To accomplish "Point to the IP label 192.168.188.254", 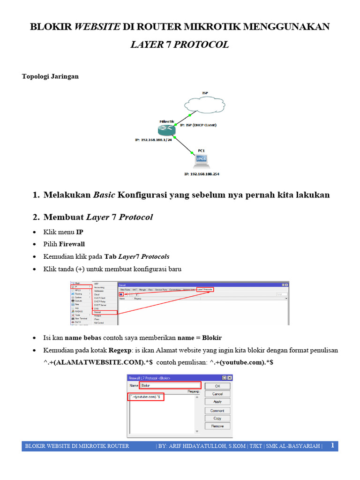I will (202, 174).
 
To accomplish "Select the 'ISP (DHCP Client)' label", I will (198, 125).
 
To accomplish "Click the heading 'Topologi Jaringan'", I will (51, 76).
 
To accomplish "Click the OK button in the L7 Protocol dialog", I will (217, 386).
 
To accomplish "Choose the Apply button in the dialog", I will (217, 402).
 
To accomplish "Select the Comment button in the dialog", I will (217, 411).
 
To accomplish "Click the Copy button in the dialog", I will (217, 418).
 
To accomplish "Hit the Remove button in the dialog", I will (217, 426).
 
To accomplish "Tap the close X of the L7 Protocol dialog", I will (230, 378).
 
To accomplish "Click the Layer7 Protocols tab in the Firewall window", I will (204, 290).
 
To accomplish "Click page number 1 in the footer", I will (332, 445).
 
